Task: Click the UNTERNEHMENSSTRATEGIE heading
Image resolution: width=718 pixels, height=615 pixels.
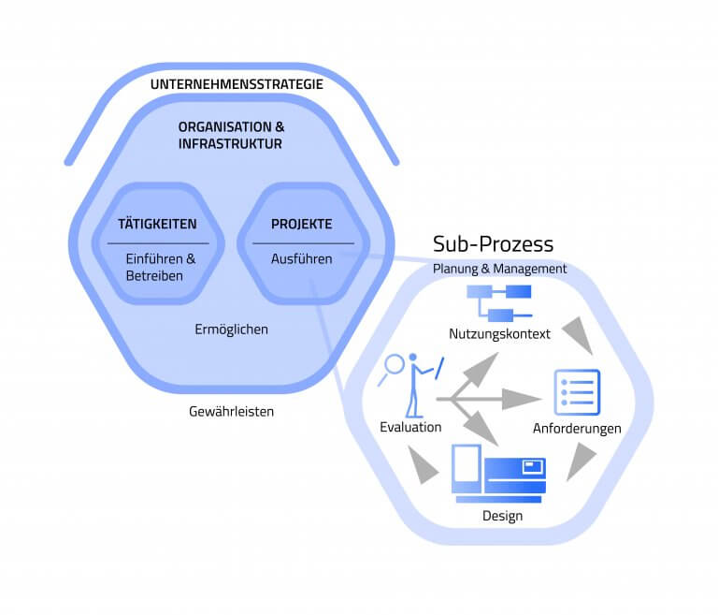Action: [x=237, y=85]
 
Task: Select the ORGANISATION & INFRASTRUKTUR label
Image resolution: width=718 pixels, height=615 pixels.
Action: [x=232, y=135]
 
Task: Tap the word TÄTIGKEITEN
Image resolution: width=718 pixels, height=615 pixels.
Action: [x=157, y=225]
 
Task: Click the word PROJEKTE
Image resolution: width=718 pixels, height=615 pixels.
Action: [x=301, y=225]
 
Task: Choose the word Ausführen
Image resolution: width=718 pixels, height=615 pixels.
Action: [x=301, y=259]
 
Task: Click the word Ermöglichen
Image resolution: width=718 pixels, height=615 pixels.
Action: [x=233, y=330]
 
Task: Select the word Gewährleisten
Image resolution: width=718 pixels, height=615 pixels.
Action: [x=231, y=411]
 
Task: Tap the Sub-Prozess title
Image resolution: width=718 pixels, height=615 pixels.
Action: [x=493, y=244]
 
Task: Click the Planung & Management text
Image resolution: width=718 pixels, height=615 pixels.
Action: [x=499, y=269]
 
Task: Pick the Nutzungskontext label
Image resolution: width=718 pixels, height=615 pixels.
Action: [x=499, y=334]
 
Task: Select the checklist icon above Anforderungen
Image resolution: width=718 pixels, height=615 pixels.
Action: [x=577, y=392]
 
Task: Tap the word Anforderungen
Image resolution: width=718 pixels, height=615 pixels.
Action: [x=577, y=429]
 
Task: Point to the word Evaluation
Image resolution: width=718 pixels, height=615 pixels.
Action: [x=410, y=427]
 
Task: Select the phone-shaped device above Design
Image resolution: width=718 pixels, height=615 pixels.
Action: [x=466, y=468]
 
